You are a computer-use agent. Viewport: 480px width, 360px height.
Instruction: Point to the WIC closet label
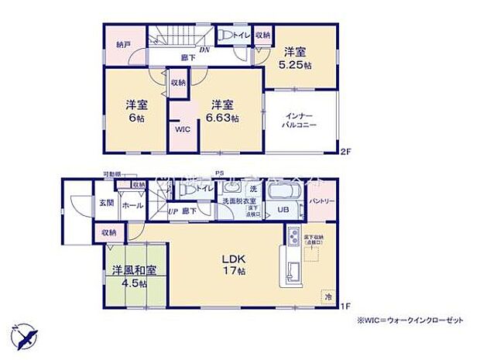pos(182,130)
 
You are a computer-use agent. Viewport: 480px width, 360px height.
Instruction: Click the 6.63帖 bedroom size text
pos(222,118)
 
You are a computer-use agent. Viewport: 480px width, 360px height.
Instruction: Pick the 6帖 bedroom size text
pos(138,118)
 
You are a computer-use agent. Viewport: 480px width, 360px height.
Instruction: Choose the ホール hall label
pos(130,206)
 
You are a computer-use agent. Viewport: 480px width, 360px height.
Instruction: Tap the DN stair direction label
pos(204,51)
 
